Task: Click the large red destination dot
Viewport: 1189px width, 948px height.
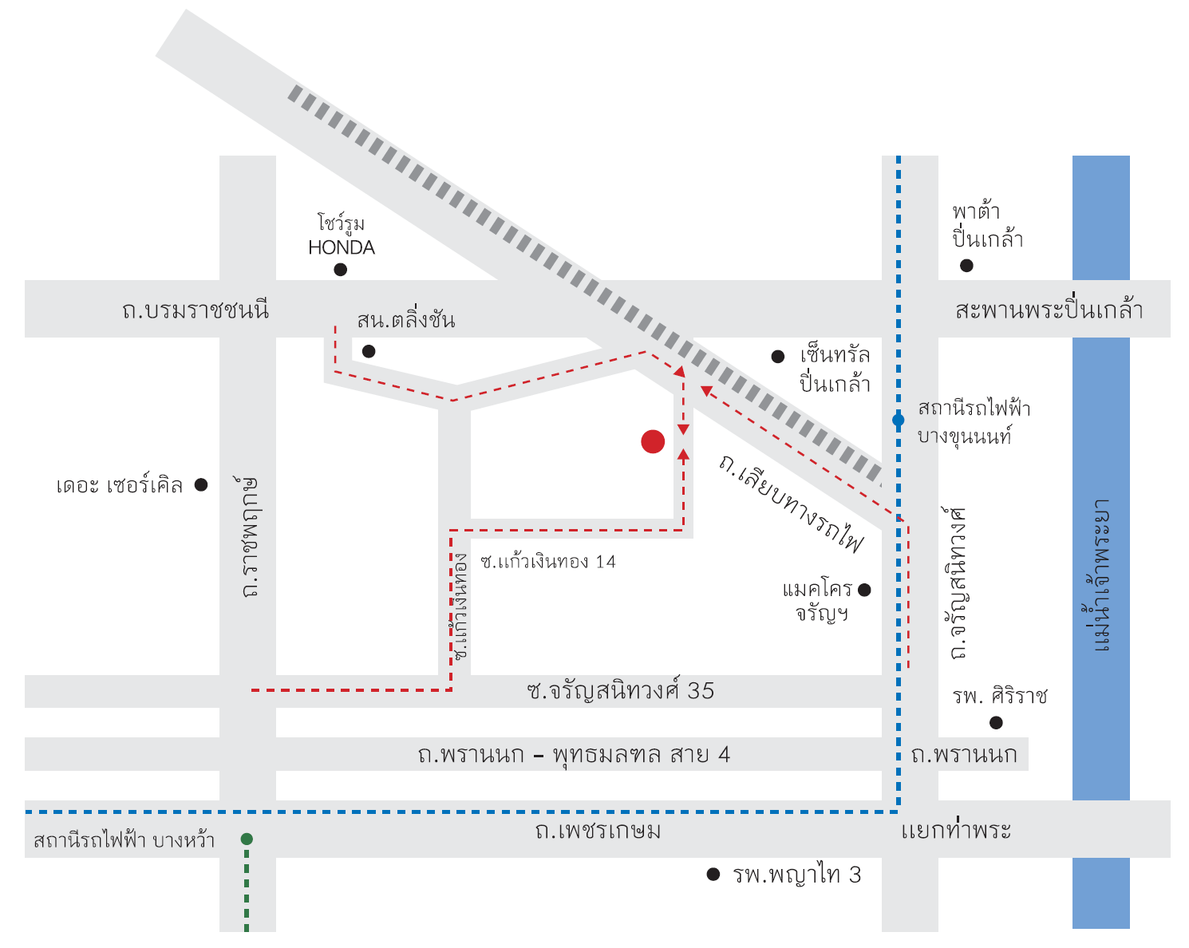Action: click(653, 441)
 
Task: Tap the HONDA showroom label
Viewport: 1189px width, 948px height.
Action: click(342, 235)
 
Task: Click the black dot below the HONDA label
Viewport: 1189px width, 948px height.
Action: click(341, 270)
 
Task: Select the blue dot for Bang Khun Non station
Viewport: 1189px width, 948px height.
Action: click(899, 420)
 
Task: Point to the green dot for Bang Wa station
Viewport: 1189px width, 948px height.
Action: click(247, 839)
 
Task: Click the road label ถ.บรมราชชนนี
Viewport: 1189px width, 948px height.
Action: click(196, 310)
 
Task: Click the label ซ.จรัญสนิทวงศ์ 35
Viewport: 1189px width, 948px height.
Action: click(621, 690)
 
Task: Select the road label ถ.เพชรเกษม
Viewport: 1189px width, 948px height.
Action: click(598, 831)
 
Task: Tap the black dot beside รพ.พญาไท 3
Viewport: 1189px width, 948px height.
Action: click(713, 874)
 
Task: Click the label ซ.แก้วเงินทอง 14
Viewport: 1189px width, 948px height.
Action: click(548, 561)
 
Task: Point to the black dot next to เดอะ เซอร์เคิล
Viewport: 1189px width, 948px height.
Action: click(201, 484)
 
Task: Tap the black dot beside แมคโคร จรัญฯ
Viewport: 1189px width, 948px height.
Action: click(865, 590)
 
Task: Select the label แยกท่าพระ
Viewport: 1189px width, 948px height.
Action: click(956, 829)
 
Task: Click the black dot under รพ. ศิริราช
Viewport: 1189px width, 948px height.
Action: click(996, 722)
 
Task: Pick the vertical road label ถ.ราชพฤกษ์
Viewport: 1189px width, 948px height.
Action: click(249, 537)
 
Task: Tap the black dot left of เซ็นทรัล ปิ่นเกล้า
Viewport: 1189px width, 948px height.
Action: click(778, 357)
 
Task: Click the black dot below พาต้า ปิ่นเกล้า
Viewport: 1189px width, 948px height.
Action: click(966, 266)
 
